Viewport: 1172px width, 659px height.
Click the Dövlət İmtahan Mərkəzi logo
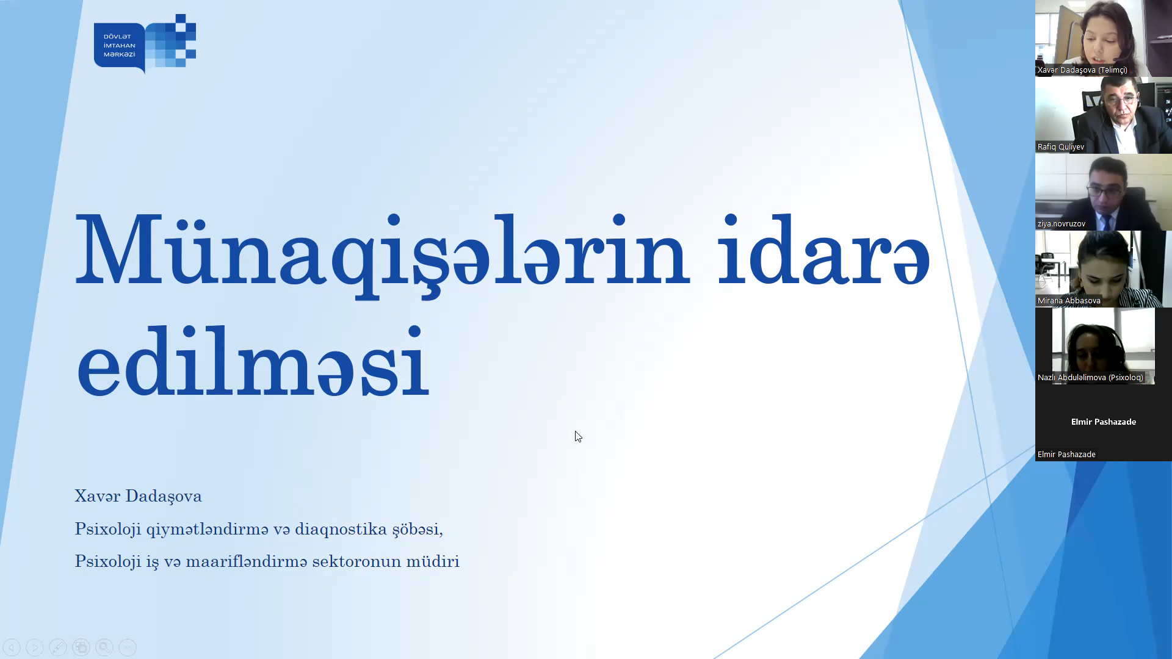coord(145,43)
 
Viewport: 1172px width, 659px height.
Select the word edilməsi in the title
coord(253,361)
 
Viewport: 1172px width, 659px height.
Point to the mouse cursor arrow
coord(578,436)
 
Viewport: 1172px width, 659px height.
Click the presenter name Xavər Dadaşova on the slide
coord(138,496)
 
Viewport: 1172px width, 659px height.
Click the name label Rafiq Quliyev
coord(1061,147)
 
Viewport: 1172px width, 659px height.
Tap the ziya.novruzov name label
coord(1062,224)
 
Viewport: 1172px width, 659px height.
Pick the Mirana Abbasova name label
coord(1069,301)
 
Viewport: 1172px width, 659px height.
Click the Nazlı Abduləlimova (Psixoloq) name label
coord(1090,378)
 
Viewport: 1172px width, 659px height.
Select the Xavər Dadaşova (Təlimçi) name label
coord(1082,70)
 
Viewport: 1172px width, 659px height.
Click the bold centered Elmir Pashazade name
coord(1104,422)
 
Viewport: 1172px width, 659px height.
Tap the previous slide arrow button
coord(12,647)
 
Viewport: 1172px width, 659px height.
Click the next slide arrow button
coord(35,647)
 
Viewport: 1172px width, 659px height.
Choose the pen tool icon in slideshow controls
coord(58,647)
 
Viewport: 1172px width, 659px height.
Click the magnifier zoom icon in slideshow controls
coord(104,647)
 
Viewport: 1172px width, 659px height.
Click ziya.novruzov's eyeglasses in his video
coord(1105,191)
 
